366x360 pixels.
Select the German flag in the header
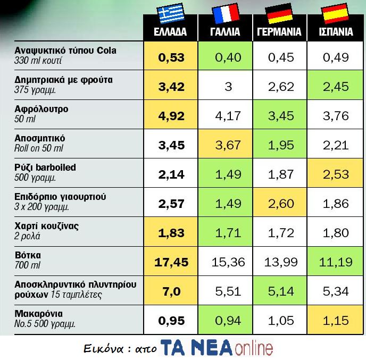279,14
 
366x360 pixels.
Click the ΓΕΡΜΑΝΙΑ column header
279,32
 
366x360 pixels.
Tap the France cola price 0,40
226,56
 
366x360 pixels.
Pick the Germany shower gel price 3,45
279,115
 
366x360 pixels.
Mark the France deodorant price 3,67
226,144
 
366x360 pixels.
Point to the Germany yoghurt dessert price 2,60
279,203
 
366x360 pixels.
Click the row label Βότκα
28,255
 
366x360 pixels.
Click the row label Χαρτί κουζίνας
47,226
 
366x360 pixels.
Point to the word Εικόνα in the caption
102,349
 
